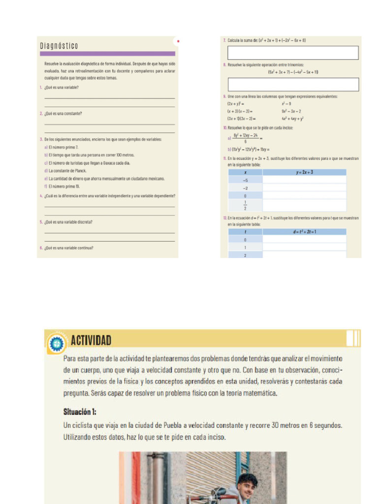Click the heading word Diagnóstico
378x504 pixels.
pyautogui.click(x=59, y=46)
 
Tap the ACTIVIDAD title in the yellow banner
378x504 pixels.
pyautogui.click(x=91, y=340)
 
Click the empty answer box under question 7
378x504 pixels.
pyautogui.click(x=293, y=53)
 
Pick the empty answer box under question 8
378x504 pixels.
pyautogui.click(x=293, y=84)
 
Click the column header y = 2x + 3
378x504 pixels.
pyautogui.click(x=304, y=172)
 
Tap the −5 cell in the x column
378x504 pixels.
pyautogui.click(x=245, y=180)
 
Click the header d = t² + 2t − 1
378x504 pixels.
pyautogui.click(x=304, y=231)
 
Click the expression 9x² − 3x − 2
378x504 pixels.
pyautogui.click(x=291, y=111)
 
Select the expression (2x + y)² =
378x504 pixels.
pyautogui.click(x=236, y=104)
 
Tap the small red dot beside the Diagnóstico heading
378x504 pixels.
pyautogui.click(x=178, y=41)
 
